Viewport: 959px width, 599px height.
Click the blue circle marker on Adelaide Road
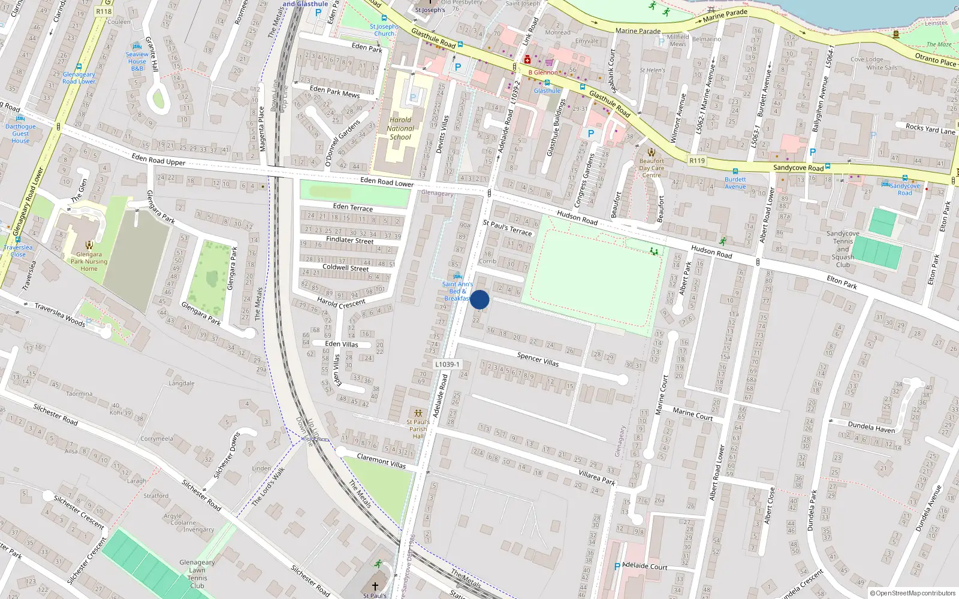click(479, 299)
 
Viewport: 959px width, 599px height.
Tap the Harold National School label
click(400, 128)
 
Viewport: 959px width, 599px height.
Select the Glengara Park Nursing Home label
click(89, 262)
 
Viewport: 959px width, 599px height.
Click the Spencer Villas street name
click(538, 359)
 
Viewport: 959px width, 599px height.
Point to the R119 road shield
click(697, 161)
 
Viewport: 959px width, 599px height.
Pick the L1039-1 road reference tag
click(447, 364)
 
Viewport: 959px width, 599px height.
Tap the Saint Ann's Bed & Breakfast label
click(457, 291)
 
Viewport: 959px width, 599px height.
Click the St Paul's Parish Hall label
click(418, 429)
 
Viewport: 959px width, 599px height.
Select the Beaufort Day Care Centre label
click(652, 168)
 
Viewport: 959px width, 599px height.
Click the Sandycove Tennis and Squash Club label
click(843, 249)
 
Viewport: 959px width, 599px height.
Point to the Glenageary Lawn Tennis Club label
click(197, 574)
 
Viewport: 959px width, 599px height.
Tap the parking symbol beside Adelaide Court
click(617, 567)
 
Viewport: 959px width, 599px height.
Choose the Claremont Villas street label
click(381, 461)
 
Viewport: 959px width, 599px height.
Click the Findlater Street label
click(349, 240)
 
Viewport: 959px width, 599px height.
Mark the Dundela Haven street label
click(871, 426)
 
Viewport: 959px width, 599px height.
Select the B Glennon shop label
click(542, 72)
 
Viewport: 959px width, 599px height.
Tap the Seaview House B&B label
click(137, 61)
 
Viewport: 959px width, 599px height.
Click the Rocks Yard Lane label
click(930, 129)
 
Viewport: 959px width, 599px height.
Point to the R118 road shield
click(104, 11)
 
